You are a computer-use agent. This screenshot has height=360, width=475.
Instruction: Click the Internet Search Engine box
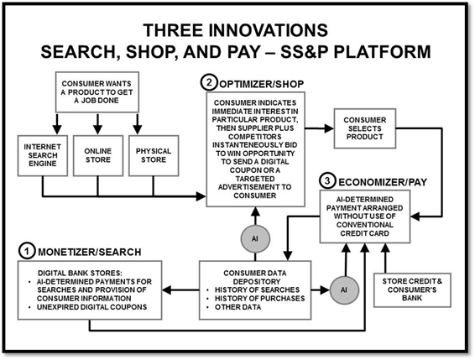click(43, 155)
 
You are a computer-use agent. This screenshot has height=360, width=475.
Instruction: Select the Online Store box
click(98, 155)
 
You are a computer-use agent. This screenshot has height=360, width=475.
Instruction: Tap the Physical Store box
click(154, 155)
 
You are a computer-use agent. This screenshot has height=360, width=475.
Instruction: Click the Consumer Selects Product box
click(365, 128)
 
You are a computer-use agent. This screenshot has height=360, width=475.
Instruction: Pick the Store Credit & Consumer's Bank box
click(412, 290)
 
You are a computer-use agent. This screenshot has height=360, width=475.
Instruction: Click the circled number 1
click(27, 251)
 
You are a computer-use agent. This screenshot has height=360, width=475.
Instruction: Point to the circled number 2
click(209, 82)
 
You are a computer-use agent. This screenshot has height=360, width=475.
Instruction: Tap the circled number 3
click(327, 181)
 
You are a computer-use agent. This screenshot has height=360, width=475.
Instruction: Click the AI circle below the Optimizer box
click(255, 239)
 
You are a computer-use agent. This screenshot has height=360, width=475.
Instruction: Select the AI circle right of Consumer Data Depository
click(344, 290)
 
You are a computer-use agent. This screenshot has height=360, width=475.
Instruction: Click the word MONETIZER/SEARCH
click(90, 252)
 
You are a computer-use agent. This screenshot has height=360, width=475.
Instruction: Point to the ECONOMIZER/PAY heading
click(383, 182)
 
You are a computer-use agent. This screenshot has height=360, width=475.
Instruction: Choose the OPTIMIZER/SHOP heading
click(262, 84)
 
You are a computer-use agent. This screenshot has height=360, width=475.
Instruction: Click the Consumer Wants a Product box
click(97, 92)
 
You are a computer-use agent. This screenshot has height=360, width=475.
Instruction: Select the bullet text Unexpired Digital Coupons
click(91, 307)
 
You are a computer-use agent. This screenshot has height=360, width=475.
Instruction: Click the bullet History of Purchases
click(259, 299)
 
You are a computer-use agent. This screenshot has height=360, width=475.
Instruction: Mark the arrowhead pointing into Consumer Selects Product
click(329, 128)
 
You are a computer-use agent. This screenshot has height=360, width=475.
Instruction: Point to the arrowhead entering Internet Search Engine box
click(57, 130)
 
